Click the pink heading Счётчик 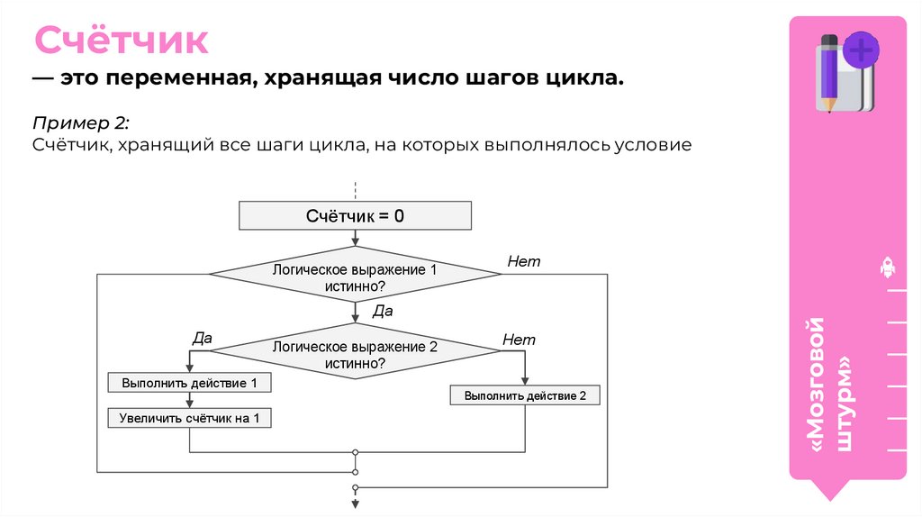[x=122, y=41]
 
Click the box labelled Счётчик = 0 [x=355, y=216]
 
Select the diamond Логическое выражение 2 [x=355, y=354]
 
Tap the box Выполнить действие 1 [x=189, y=383]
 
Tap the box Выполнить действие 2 [x=525, y=395]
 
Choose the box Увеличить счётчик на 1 [x=189, y=418]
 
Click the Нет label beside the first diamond [x=523, y=262]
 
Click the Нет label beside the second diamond [x=519, y=340]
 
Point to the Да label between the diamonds [x=383, y=312]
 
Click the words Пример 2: [x=82, y=122]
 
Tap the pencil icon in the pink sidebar [x=827, y=72]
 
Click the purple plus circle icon [x=861, y=50]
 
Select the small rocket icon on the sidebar [x=886, y=268]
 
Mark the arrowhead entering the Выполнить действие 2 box [x=525, y=381]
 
